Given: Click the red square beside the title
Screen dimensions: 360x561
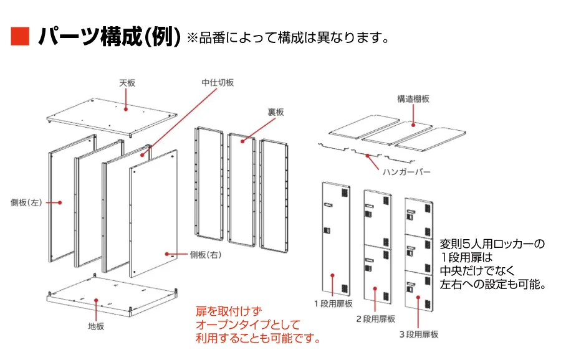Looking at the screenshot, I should tap(21, 36).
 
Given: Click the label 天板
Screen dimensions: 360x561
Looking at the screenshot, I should tap(127, 82).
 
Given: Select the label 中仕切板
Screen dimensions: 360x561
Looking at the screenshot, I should tap(218, 82).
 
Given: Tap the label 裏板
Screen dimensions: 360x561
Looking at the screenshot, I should tap(276, 112).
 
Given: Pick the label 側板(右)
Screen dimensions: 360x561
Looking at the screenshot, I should tap(206, 255).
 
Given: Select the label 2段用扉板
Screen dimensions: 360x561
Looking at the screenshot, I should tap(375, 319).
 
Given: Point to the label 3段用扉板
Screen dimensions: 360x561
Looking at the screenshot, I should tap(418, 334).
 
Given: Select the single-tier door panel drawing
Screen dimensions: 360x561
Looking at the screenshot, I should tap(335, 240).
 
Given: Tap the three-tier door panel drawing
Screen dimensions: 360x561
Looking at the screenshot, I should tap(419, 252).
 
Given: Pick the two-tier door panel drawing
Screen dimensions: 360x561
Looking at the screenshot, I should tap(378, 246).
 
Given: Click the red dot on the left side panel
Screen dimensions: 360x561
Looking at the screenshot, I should tap(60, 202).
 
